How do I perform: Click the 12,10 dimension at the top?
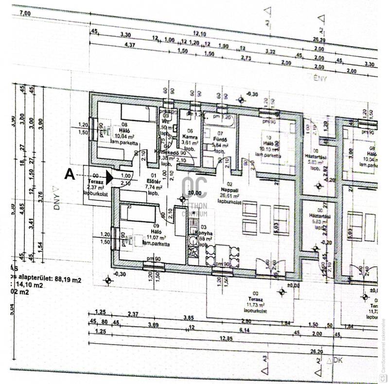(200, 33)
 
